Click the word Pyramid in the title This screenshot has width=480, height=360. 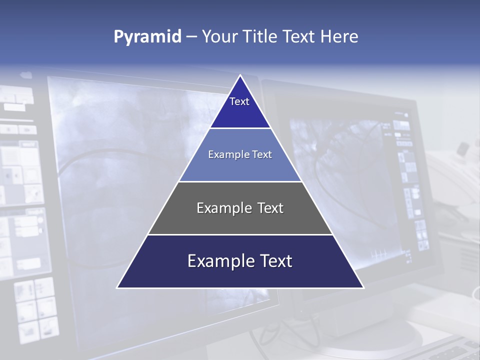pyautogui.click(x=147, y=37)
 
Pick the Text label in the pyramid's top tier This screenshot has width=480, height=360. pyautogui.click(x=239, y=101)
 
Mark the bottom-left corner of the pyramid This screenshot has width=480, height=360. pyautogui.click(x=118, y=287)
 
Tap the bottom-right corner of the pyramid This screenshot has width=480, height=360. pyautogui.click(x=363, y=287)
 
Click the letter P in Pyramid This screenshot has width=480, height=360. pyautogui.click(x=118, y=37)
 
